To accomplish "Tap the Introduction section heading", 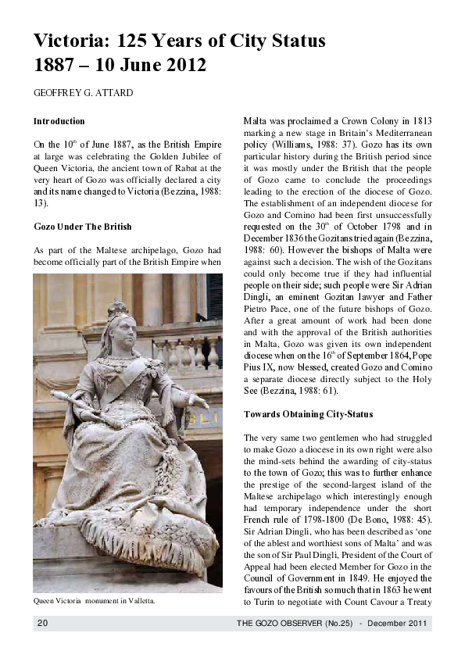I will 59,122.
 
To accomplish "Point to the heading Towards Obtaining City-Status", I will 308,413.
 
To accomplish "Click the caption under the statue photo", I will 94,601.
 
